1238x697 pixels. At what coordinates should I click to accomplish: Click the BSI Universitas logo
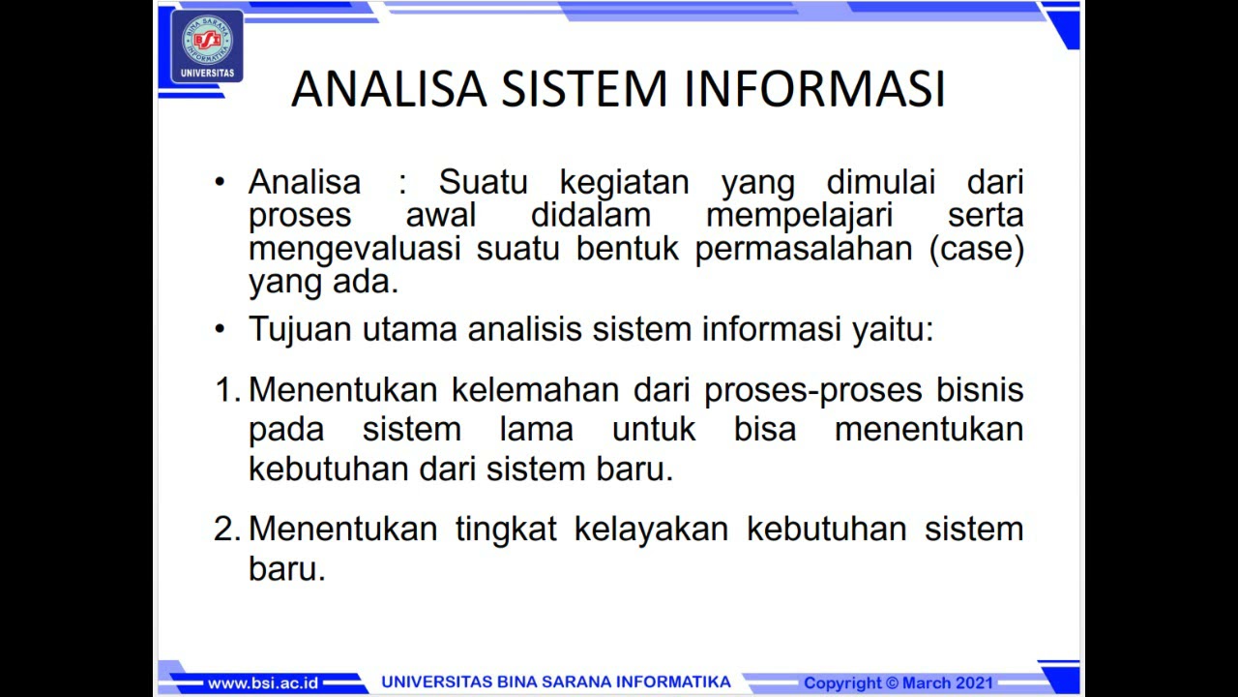click(207, 45)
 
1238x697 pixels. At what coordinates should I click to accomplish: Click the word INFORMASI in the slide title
click(815, 89)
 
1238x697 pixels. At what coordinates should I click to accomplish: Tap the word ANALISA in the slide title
click(389, 89)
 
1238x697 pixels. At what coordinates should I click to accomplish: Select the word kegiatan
click(624, 182)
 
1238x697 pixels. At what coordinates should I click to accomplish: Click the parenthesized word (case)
click(976, 249)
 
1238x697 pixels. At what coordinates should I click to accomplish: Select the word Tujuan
click(300, 329)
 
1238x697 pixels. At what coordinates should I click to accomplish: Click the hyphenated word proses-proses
click(813, 390)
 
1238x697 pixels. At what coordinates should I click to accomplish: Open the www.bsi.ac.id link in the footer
click(262, 682)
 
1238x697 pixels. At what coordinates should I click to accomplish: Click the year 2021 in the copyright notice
click(974, 682)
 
